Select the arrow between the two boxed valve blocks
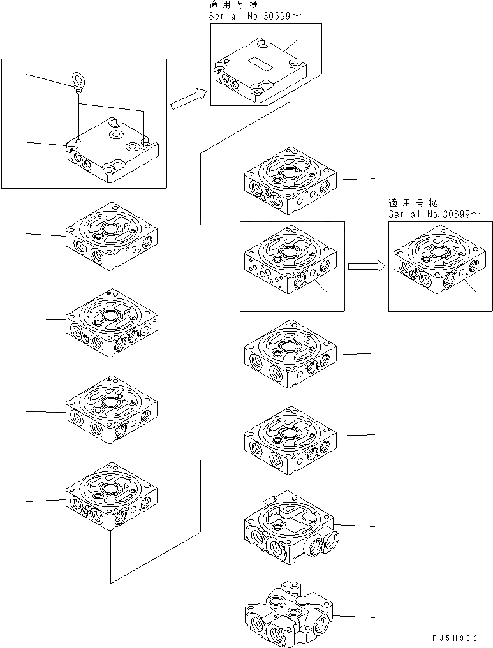tap(366, 267)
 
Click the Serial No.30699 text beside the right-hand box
tap(433, 214)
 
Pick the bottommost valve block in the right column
tap(290, 614)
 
